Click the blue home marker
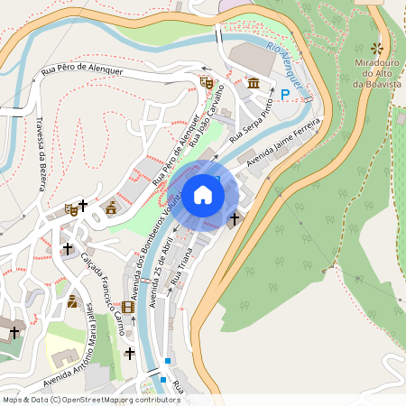coord(203,195)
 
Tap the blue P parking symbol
coord(285,94)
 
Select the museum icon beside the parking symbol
coord(254,84)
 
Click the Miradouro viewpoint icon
coord(377,48)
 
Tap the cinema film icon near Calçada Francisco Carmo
coord(127,308)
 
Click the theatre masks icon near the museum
coord(207,82)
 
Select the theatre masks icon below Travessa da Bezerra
coord(70,210)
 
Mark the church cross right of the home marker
coord(235,218)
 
